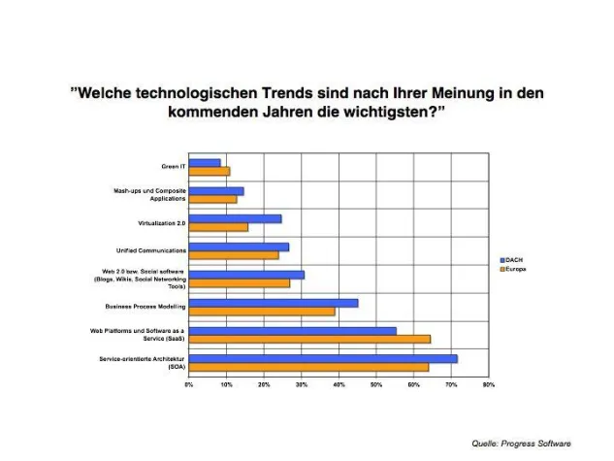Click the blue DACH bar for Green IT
point(205,163)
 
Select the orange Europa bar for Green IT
point(209,172)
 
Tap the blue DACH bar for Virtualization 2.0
point(235,219)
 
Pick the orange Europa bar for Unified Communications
point(234,255)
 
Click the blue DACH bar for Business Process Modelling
point(273,303)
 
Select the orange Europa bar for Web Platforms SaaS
point(309,339)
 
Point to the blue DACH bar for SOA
point(322,358)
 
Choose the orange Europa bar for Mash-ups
point(212,200)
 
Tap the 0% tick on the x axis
point(189,385)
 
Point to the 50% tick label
point(376,385)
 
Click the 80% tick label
point(488,385)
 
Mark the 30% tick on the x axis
point(302,385)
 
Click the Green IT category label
point(172,167)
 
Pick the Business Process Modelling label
point(145,307)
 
